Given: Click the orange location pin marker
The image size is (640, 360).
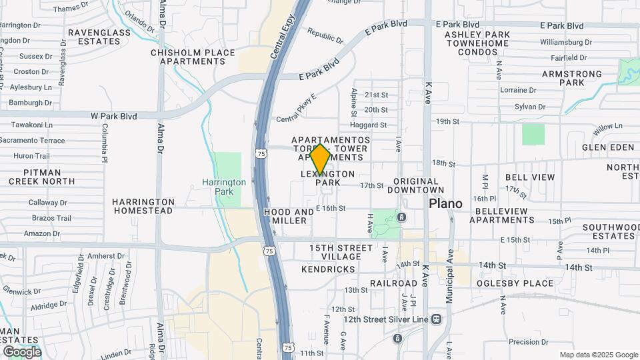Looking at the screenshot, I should tap(320, 159).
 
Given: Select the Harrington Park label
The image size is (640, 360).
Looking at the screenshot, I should tap(224, 187).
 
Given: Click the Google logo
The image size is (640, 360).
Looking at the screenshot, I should tap(22, 352).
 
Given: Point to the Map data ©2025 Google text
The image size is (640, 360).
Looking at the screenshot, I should tap(599, 355).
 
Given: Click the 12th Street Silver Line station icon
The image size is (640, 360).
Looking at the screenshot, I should tap(436, 319).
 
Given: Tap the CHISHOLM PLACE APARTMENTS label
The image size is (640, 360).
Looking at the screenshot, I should tap(193, 57).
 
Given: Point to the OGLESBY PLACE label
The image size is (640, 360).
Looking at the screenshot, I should tap(515, 283).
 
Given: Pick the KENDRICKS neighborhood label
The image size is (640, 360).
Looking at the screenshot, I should tap(328, 269).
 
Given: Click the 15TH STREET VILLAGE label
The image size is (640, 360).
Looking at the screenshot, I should tap(341, 252).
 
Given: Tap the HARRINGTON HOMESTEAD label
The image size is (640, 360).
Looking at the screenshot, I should tap(143, 206).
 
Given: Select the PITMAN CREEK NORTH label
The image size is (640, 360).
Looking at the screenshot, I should tap(42, 177).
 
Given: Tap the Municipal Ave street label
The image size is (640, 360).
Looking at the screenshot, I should tap(450, 267).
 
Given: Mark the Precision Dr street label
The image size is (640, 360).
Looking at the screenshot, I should tap(528, 342).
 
